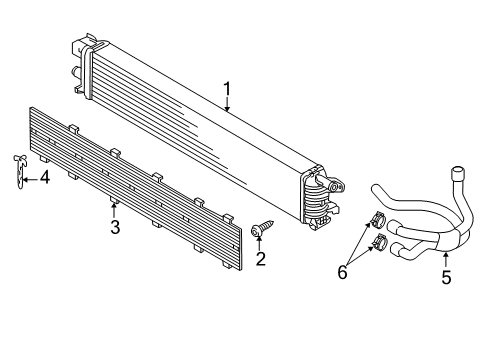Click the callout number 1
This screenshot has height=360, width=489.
227,89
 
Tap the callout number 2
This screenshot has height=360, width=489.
261,259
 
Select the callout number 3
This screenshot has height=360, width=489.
115,227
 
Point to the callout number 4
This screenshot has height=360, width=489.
44,178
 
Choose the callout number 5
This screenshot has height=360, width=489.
446,277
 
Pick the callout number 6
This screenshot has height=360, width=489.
342,272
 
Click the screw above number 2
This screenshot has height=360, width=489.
262,228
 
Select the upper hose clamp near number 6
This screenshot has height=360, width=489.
378,220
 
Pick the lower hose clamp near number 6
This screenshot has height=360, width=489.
379,242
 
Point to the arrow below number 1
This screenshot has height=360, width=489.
227,104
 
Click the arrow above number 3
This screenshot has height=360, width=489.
114,210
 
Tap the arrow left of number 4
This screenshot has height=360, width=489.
31,180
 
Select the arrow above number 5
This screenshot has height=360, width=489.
446,260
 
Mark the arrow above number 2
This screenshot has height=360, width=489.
259,243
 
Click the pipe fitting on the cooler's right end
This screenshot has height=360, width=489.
331,184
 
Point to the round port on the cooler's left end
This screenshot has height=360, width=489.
75,71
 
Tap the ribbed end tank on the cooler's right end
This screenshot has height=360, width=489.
315,200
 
